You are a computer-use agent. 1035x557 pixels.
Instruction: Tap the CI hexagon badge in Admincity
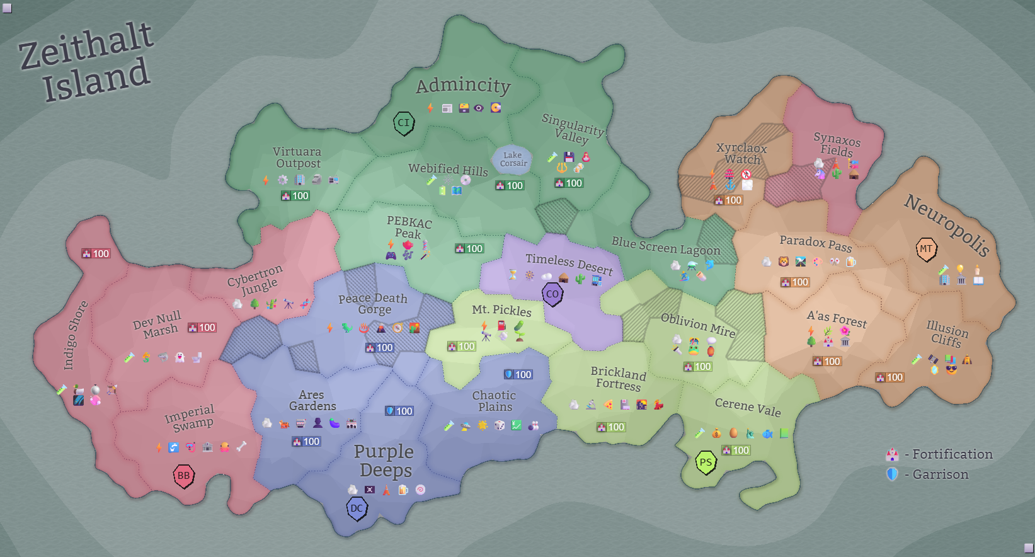[x=404, y=123]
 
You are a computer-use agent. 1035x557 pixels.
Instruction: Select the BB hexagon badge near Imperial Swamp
[x=183, y=476]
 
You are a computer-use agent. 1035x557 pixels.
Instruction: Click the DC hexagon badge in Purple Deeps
[x=357, y=508]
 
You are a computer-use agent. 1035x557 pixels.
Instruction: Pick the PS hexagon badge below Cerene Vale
[x=706, y=462]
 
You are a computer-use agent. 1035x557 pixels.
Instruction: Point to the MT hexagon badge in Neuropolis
[x=926, y=249]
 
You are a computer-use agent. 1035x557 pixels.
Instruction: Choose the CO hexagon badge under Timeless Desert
[x=552, y=294]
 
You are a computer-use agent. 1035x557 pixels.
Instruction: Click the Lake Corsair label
[x=513, y=159]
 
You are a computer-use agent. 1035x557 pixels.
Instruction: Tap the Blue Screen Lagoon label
[x=665, y=246]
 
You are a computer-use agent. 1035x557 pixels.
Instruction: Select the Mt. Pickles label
[x=501, y=310]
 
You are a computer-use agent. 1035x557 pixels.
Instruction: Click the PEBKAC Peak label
[x=409, y=227]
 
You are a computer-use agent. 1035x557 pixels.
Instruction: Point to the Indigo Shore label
[x=75, y=335]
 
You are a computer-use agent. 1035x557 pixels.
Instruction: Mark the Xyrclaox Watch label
[x=741, y=154]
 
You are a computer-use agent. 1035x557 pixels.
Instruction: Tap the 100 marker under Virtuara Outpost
[x=295, y=196]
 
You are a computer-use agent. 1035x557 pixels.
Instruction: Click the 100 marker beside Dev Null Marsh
[x=202, y=328]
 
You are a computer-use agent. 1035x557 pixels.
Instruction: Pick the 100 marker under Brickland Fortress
[x=610, y=427]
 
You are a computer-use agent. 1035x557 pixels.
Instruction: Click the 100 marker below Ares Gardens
[x=306, y=442]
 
